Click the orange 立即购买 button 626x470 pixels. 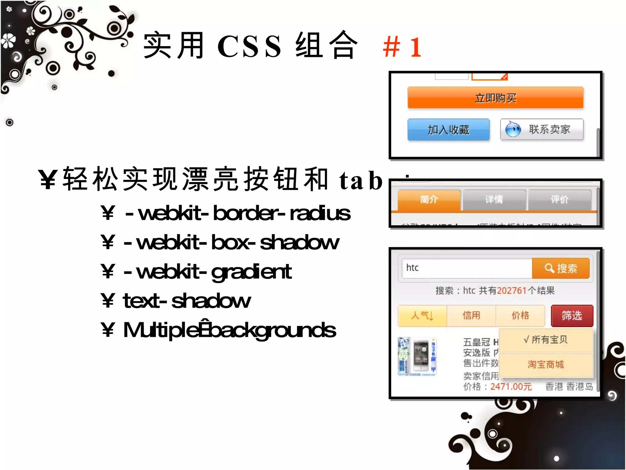pyautogui.click(x=495, y=98)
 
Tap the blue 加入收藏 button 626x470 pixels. pyautogui.click(x=448, y=130)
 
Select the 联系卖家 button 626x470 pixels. pyautogui.click(x=542, y=129)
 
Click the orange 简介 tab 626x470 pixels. pyautogui.click(x=429, y=200)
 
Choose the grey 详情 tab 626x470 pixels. pyautogui.click(x=494, y=200)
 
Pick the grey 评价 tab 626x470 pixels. pyautogui.click(x=559, y=200)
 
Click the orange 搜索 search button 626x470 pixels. pyautogui.click(x=561, y=268)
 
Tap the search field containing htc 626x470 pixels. pyautogui.click(x=466, y=268)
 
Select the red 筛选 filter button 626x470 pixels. pyautogui.click(x=572, y=315)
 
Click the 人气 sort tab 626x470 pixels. pyautogui.click(x=422, y=315)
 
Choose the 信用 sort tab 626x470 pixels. pyautogui.click(x=471, y=315)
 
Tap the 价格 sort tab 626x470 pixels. pyautogui.click(x=520, y=315)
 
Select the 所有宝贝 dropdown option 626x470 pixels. pyautogui.click(x=546, y=340)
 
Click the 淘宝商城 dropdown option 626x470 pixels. pyautogui.click(x=546, y=364)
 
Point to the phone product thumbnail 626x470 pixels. pyautogui.click(x=417, y=356)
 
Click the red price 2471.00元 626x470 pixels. pyautogui.click(x=511, y=387)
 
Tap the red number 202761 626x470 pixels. pyautogui.click(x=512, y=290)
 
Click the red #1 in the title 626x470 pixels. pyautogui.click(x=402, y=47)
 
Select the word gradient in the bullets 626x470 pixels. pyautogui.click(x=251, y=272)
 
